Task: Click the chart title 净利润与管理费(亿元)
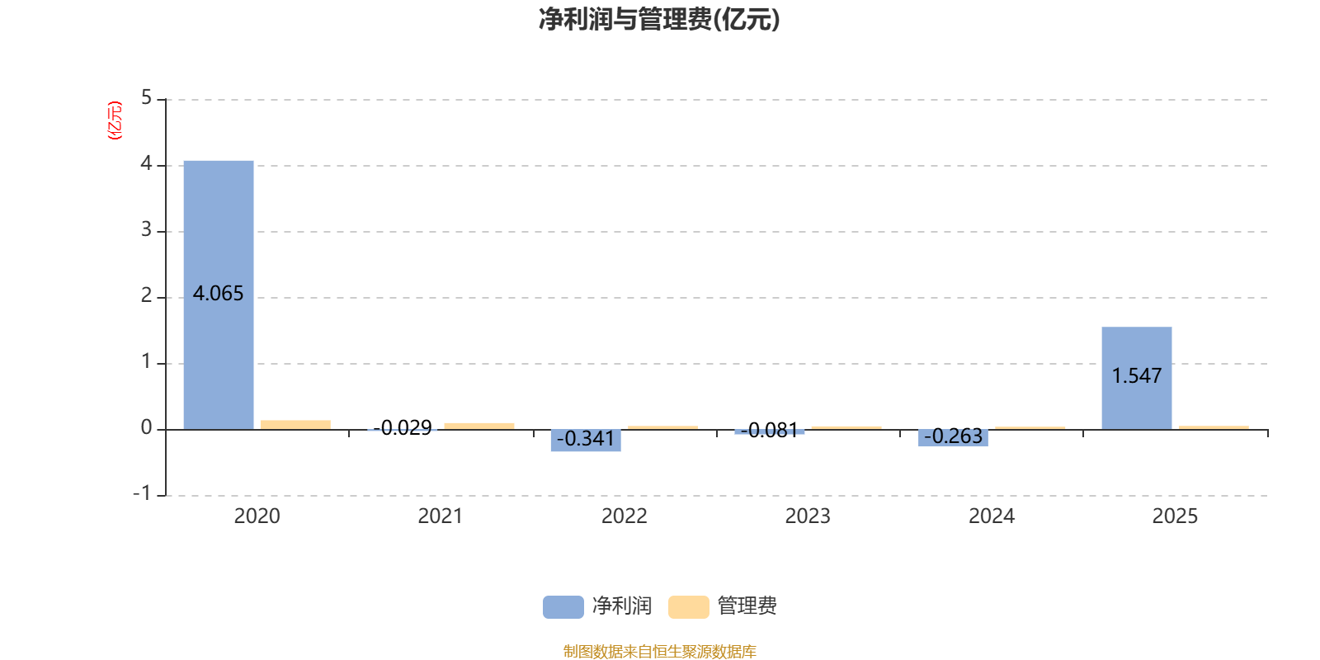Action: coord(659,20)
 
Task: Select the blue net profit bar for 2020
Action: coord(219,295)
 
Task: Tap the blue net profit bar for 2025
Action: coord(1137,379)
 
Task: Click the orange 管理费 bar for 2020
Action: coord(296,425)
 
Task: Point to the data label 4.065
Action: coord(218,294)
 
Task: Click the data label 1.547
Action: coord(1137,375)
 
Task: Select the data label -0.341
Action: coord(586,438)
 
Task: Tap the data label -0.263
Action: coord(954,436)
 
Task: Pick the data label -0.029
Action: coord(403,427)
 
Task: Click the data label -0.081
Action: coord(770,430)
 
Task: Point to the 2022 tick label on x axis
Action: coord(624,516)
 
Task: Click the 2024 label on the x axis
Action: coord(992,516)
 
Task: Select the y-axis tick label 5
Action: coord(146,97)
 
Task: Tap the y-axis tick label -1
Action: coord(142,493)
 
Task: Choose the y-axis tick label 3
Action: coord(146,229)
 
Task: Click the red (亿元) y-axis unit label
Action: coord(115,120)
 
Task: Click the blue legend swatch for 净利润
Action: coord(563,607)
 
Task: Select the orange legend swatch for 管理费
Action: coord(689,607)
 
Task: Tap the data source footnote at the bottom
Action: coord(659,651)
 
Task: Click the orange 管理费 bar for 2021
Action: coord(479,426)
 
